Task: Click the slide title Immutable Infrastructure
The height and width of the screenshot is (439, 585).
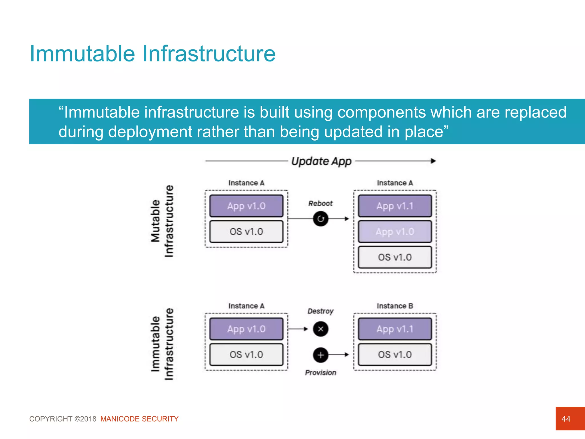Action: [x=152, y=54]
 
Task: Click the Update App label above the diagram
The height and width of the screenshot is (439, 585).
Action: [x=321, y=161]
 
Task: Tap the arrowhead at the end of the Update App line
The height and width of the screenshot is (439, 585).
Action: [x=433, y=161]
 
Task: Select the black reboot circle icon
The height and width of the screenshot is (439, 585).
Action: [x=320, y=219]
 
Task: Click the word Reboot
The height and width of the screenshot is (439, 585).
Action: [x=320, y=203]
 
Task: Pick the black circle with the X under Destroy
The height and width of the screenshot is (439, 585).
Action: [x=320, y=329]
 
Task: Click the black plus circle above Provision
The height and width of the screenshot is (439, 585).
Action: [x=320, y=355]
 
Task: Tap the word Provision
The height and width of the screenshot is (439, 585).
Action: [x=320, y=373]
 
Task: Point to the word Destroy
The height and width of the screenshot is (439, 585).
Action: [x=320, y=311]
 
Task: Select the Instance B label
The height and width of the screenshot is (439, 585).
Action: [x=394, y=306]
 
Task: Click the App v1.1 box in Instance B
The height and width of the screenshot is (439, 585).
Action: [x=395, y=329]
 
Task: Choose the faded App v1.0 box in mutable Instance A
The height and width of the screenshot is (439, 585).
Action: [x=395, y=232]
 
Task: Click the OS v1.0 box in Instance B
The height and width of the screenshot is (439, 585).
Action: [x=395, y=355]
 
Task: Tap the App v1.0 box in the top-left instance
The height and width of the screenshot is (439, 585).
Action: [x=246, y=206]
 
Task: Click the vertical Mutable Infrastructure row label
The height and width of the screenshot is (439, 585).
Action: [x=162, y=221]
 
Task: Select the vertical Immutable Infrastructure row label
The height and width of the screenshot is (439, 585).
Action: [x=162, y=344]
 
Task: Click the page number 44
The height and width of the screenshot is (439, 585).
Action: [x=566, y=419]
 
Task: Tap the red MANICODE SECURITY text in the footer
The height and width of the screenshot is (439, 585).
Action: [x=139, y=419]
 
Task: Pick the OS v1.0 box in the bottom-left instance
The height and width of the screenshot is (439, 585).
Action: [x=246, y=355]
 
